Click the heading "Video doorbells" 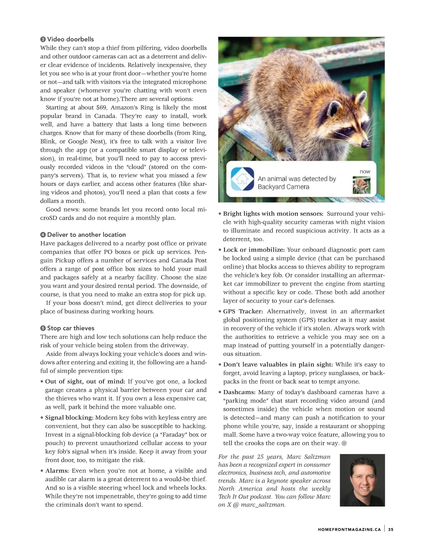[x=70, y=39]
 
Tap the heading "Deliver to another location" [x=86, y=235]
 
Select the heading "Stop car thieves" [x=70, y=328]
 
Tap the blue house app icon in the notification [x=242, y=179]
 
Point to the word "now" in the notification [x=365, y=172]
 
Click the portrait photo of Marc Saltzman [x=362, y=480]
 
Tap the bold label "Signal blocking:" [x=69, y=418]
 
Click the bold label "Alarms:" [x=57, y=471]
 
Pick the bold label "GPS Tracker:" [x=243, y=311]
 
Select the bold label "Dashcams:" [x=239, y=392]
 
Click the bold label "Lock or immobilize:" [x=254, y=250]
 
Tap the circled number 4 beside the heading [x=43, y=235]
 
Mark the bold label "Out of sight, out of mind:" [x=85, y=381]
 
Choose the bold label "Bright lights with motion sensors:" [x=273, y=214]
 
